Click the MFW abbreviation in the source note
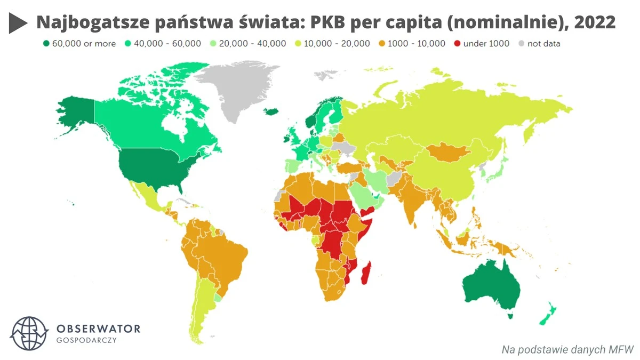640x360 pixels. click(x=620, y=350)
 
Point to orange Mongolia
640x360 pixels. click(x=448, y=152)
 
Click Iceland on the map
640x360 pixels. click(x=271, y=111)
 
